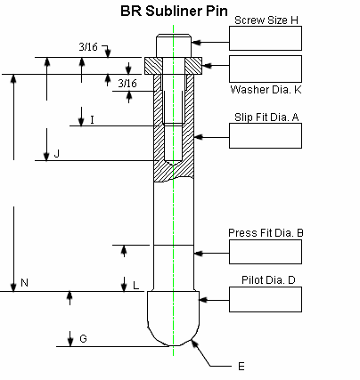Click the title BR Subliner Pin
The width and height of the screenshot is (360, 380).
[175, 12]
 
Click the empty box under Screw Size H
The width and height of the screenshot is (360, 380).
[266, 37]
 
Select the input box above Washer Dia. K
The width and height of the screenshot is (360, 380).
[266, 68]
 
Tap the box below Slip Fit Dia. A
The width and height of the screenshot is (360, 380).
[266, 135]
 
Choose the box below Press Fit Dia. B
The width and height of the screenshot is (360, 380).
[266, 252]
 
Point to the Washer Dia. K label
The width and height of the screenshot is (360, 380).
[266, 90]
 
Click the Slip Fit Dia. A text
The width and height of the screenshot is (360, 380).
[266, 117]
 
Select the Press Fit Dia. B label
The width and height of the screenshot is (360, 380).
[266, 233]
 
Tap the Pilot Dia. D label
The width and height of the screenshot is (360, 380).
[268, 280]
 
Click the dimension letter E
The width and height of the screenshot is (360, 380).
[240, 366]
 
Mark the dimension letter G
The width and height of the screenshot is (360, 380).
[83, 339]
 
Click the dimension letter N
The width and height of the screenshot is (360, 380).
[24, 283]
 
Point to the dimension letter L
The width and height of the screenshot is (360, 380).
[135, 286]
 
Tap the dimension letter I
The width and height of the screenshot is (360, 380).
[92, 119]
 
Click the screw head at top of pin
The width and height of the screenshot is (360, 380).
[174, 45]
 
